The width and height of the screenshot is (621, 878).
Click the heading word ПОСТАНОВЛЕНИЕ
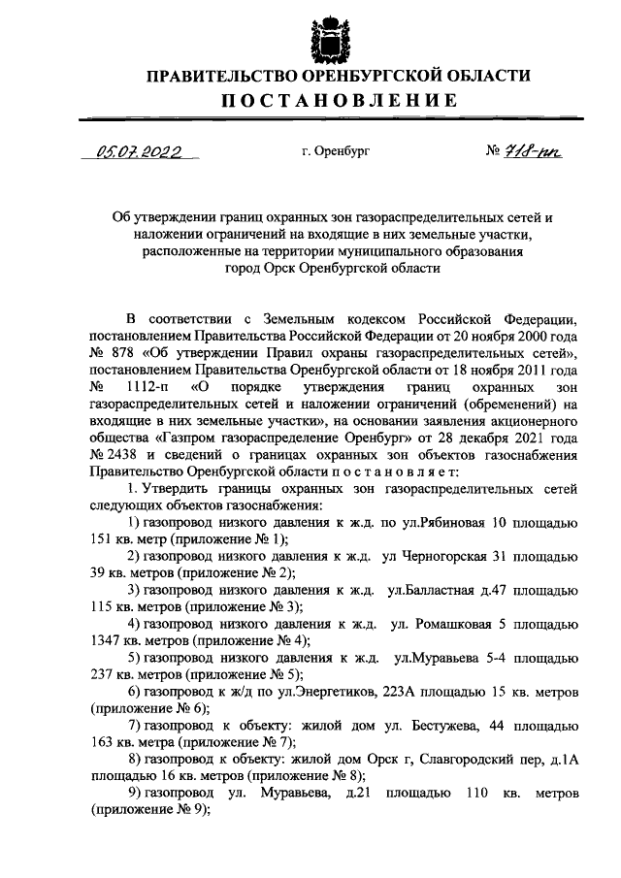pos(338,101)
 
